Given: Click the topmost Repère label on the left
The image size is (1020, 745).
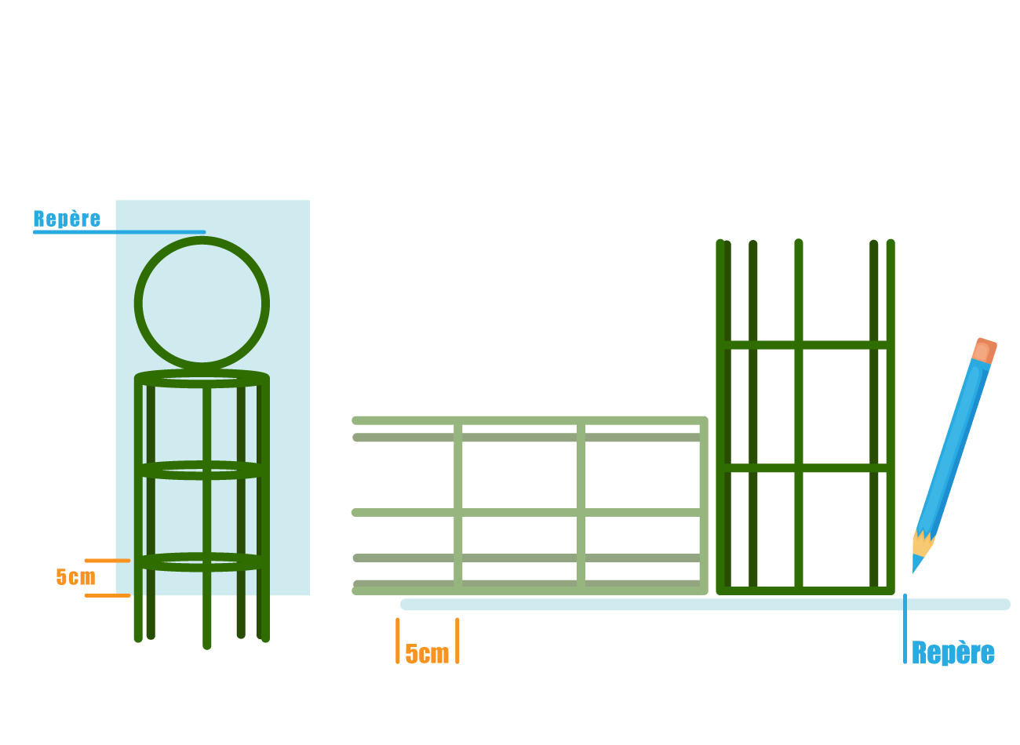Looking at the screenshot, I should click(67, 219).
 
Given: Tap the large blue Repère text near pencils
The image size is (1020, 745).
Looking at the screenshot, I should click(953, 653).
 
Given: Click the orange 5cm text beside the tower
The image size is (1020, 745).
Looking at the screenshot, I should click(75, 577).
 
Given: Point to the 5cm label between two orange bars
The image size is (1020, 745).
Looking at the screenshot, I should click(427, 654).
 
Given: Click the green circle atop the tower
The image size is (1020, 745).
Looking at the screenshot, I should click(202, 304).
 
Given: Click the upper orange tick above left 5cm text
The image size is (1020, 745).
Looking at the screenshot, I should click(107, 561).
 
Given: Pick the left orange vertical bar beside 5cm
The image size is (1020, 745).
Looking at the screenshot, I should click(398, 641).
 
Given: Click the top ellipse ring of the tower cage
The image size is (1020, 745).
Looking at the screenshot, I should click(202, 378).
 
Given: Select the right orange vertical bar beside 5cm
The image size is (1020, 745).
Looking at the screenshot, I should click(457, 641).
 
